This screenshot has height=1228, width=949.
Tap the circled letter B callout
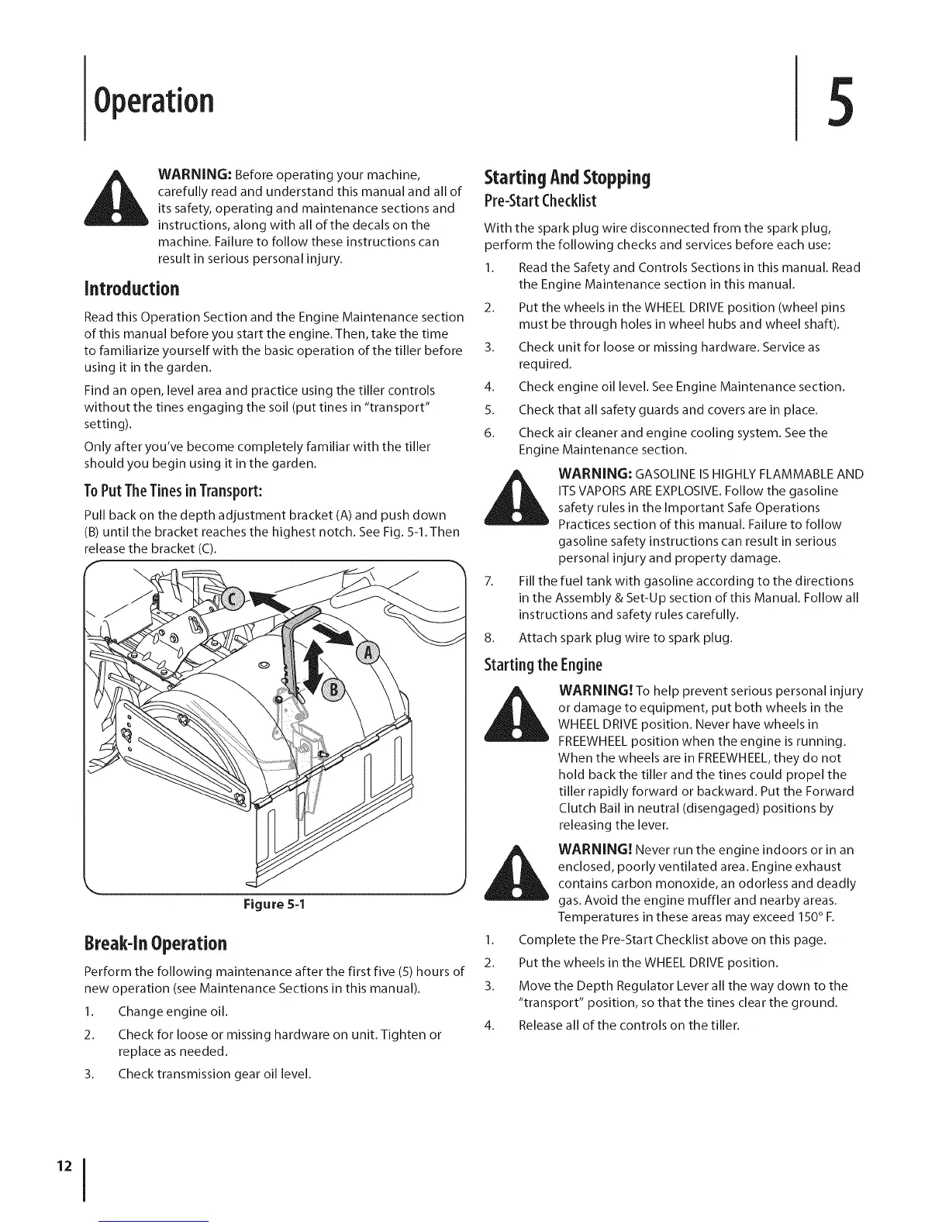335,691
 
